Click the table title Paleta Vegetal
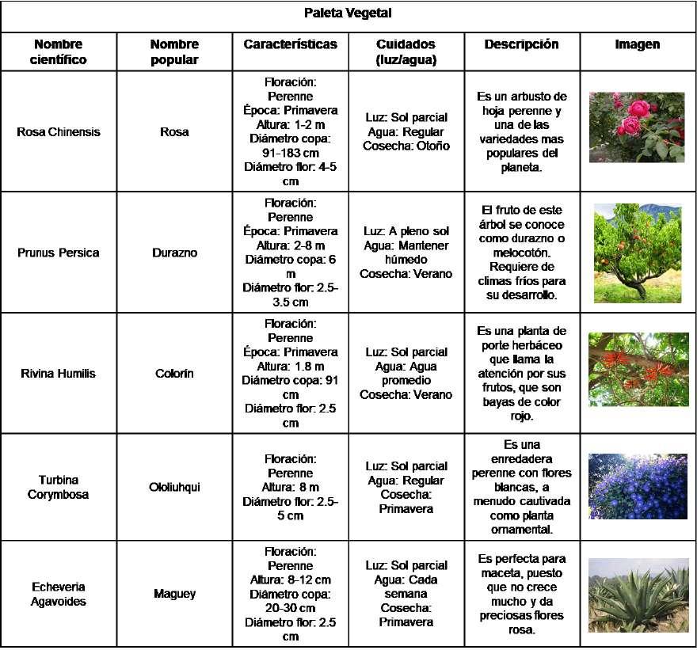click(348, 13)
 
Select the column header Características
click(290, 45)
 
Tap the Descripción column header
click(521, 45)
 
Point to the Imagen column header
click(638, 45)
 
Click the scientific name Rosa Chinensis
click(59, 132)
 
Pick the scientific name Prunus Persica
click(59, 253)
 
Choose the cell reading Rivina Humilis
click(59, 373)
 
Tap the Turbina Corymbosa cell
click(59, 487)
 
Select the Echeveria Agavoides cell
click(59, 594)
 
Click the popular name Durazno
click(174, 253)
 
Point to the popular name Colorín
click(174, 373)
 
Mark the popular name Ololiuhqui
click(174, 487)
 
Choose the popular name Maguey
click(174, 594)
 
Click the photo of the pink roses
click(637, 127)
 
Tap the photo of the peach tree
click(637, 253)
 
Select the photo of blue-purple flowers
click(638, 486)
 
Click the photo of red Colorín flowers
click(638, 370)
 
